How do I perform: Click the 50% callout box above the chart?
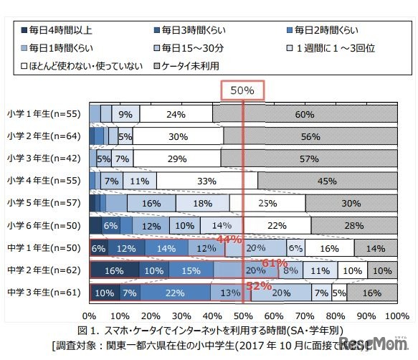(242, 90)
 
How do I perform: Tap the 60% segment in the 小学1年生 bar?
(304, 113)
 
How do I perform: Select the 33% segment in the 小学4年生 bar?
(207, 181)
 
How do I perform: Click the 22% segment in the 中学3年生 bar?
(175, 293)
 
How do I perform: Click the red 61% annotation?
(272, 262)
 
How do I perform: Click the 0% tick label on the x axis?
(90, 316)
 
